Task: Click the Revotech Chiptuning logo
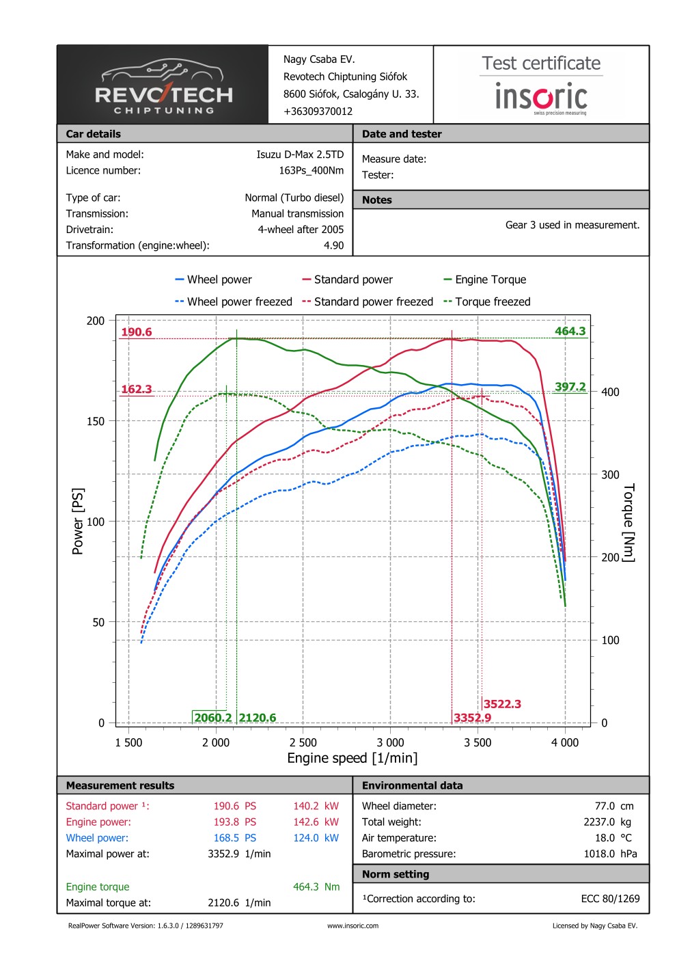pos(163,85)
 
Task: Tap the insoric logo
pos(541,98)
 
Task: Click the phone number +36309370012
pos(318,111)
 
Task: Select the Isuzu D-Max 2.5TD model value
pos(300,154)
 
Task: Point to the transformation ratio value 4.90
pos(333,245)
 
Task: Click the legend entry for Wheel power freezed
pos(233,301)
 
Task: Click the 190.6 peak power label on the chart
pos(137,332)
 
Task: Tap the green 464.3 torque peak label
pos(570,332)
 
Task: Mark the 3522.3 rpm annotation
pos(502,704)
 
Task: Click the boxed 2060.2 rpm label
pos(212,718)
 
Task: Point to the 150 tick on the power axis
pos(96,421)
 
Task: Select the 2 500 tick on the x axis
pos(303,743)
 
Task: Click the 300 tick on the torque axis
pos(610,474)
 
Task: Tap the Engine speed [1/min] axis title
pos(352,758)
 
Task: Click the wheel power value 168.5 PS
pos(234,838)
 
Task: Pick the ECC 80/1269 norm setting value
pos(610,899)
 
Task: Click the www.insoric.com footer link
pos(353,926)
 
